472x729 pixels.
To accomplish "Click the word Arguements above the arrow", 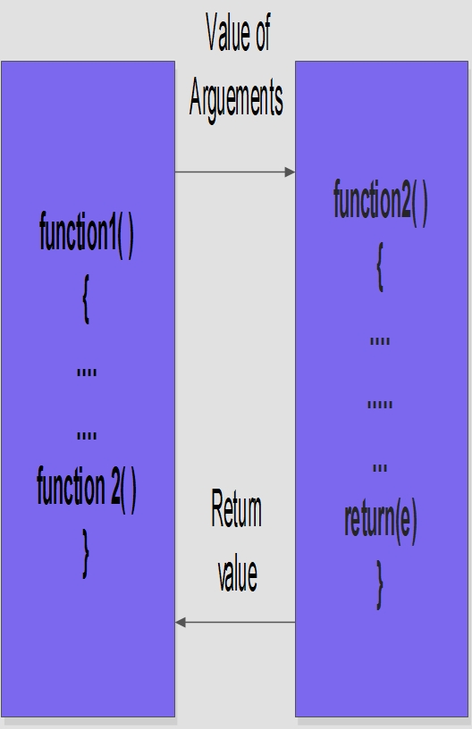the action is (236, 99).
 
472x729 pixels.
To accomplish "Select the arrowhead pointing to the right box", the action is (290, 172).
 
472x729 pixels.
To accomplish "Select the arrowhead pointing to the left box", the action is (181, 622).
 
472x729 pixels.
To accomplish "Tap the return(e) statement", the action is (381, 521).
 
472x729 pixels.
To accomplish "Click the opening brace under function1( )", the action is (86, 298).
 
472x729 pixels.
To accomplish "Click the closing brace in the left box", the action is (86, 553).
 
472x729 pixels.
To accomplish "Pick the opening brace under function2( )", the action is (380, 266).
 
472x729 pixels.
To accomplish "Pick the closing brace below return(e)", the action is (380, 584).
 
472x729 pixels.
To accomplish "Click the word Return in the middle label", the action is (236, 509).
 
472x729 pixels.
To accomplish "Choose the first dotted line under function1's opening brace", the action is (87, 373).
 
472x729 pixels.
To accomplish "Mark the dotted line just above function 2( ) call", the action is (87, 436).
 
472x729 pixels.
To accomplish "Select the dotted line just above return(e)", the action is (380, 468).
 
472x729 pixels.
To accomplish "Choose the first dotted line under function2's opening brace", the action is (380, 340).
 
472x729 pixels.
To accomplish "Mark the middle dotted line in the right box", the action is (380, 405).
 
